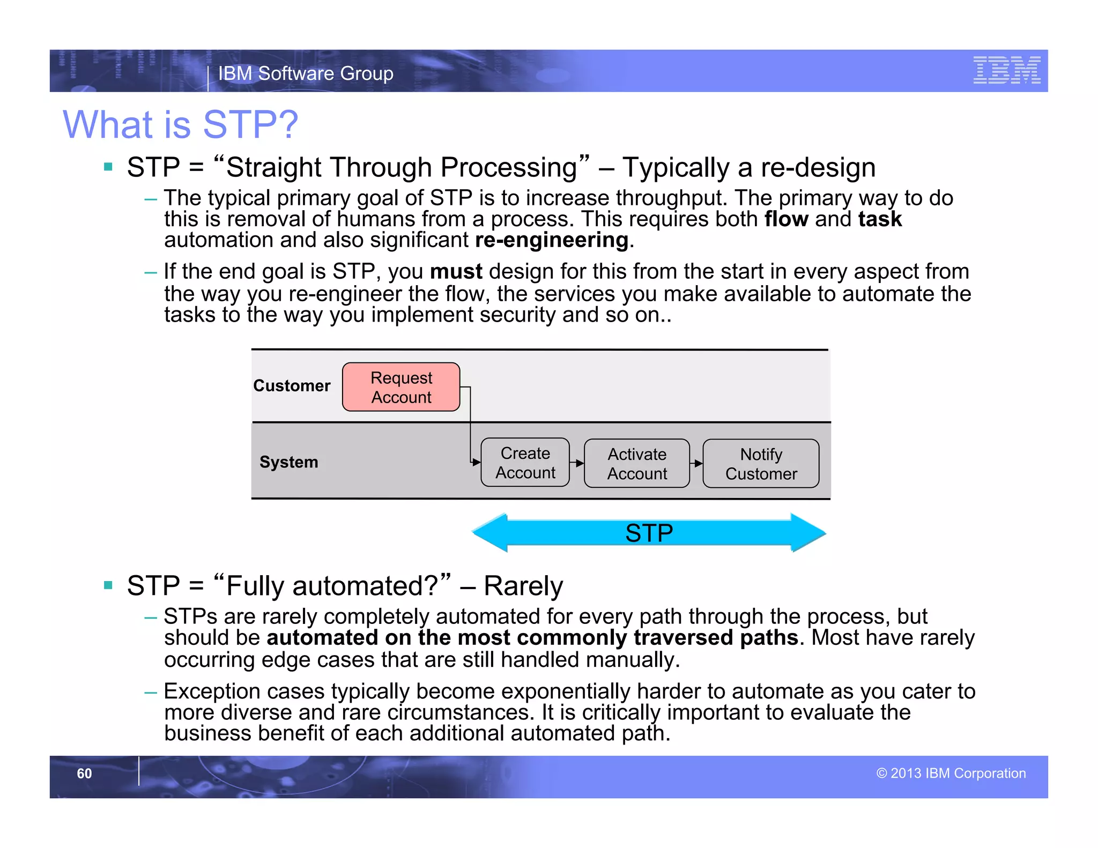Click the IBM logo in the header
coord(1006,70)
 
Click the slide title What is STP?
coord(180,124)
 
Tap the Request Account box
coord(401,387)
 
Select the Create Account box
coord(525,463)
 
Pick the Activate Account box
coord(636,464)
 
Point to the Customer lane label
coord(292,385)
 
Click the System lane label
coord(288,462)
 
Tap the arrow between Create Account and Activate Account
coord(577,463)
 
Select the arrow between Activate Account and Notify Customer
coord(696,464)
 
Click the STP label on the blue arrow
coord(649,533)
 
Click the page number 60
coord(84,773)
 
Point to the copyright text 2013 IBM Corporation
coord(951,773)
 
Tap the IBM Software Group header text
coord(306,73)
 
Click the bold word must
coord(456,271)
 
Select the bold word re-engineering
coord(551,240)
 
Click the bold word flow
coord(786,219)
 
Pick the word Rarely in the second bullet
coord(523,585)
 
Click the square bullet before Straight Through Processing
coord(108,167)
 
